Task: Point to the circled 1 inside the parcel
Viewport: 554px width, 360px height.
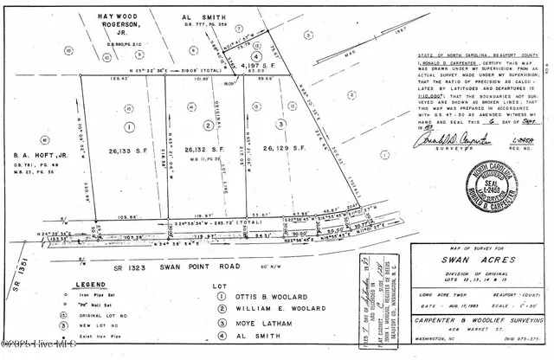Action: click(129, 126)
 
